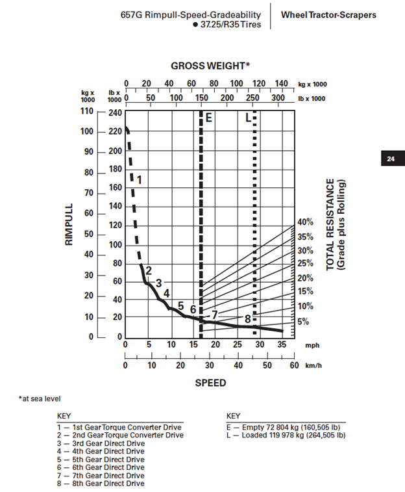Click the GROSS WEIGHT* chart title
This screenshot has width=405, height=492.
210,66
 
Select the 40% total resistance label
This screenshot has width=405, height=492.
305,222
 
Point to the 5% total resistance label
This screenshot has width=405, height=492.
303,322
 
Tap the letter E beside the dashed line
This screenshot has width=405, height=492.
209,118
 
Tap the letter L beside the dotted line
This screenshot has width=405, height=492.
247,118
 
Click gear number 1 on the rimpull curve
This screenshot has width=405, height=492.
138,179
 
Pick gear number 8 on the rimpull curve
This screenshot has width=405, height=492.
247,318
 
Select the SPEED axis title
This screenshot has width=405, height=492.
210,383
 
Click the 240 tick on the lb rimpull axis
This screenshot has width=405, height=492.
115,112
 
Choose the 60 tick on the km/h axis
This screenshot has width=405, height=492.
294,365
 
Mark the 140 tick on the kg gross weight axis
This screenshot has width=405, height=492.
281,83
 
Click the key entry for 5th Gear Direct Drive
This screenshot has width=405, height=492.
101,459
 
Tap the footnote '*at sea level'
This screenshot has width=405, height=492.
40,398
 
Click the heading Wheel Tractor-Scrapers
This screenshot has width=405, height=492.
328,14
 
